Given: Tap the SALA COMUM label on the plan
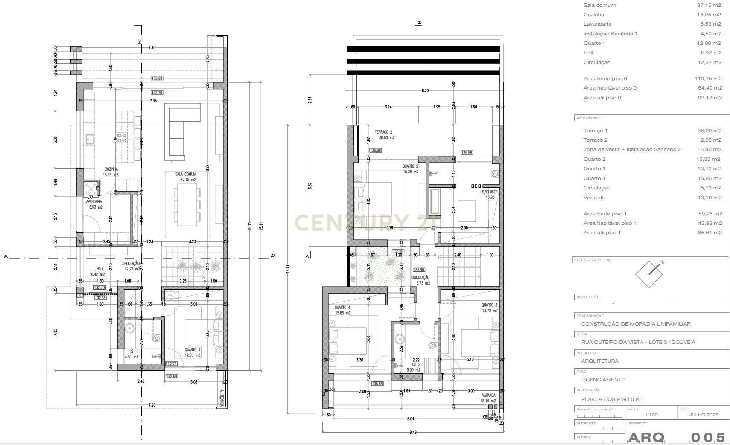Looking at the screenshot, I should pyautogui.click(x=185, y=174).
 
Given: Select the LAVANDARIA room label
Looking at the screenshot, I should pyautogui.click(x=93, y=201).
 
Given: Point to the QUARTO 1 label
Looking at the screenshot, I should pyautogui.click(x=192, y=349).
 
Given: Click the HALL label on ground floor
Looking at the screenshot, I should pyautogui.click(x=100, y=269).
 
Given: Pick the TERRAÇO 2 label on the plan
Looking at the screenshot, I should pyautogui.click(x=383, y=132).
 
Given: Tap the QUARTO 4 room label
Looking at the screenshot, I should pyautogui.click(x=342, y=308).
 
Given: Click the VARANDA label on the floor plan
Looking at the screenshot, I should pyautogui.click(x=489, y=395).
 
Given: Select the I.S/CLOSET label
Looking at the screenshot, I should pyautogui.click(x=488, y=192).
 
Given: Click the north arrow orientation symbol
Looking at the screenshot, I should pyautogui.click(x=650, y=273).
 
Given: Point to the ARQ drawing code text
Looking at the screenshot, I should pyautogui.click(x=646, y=438).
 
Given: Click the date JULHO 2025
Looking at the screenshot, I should pyautogui.click(x=704, y=415).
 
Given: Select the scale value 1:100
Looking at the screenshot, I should pyautogui.click(x=651, y=415).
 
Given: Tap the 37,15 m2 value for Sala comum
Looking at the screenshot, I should pyautogui.click(x=709, y=5).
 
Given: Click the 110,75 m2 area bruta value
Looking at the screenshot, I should pyautogui.click(x=708, y=79).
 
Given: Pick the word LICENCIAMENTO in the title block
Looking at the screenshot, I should pyautogui.click(x=603, y=380).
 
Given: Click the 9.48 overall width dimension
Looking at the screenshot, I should pyautogui.click(x=412, y=432).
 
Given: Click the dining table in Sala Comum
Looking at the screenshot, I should pyautogui.click(x=187, y=205).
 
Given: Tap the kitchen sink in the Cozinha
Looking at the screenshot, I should pyautogui.click(x=90, y=139).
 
